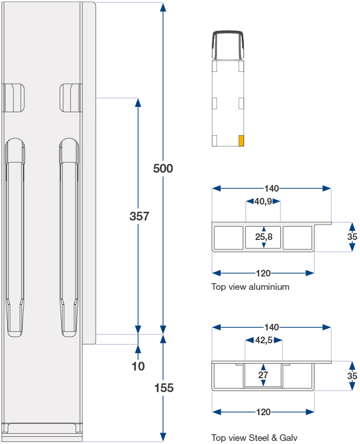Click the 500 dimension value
pyautogui.click(x=163, y=169)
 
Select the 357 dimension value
pyautogui.click(x=139, y=216)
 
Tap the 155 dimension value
pyautogui.click(x=164, y=388)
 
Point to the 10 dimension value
pyautogui.click(x=138, y=366)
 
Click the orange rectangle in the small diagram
pyautogui.click(x=241, y=141)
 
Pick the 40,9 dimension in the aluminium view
pyautogui.click(x=263, y=201)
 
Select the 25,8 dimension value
pyautogui.click(x=264, y=237)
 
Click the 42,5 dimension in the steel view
pyautogui.click(x=264, y=340)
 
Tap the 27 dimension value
pyautogui.click(x=263, y=375)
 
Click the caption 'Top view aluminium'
pyautogui.click(x=250, y=287)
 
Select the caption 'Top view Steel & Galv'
pyautogui.click(x=254, y=438)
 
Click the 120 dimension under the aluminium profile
pyautogui.click(x=263, y=273)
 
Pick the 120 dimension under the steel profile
pyautogui.click(x=263, y=412)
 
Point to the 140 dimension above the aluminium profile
pyautogui.click(x=272, y=188)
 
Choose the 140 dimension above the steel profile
pyautogui.click(x=272, y=327)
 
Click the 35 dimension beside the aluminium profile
pyautogui.click(x=352, y=237)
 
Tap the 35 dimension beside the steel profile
pyautogui.click(x=352, y=376)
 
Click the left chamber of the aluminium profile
pyautogui.click(x=228, y=237)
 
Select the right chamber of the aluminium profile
pyautogui.click(x=298, y=237)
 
